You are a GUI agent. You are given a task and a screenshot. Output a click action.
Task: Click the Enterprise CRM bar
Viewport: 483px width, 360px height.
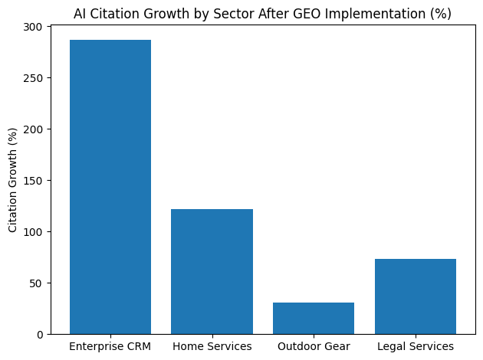click(x=110, y=187)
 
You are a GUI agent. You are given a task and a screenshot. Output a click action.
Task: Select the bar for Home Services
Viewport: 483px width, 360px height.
click(x=212, y=271)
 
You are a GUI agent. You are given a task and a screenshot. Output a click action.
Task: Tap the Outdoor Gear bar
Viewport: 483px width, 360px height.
click(x=314, y=318)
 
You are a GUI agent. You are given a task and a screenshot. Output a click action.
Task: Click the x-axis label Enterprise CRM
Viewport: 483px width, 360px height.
click(x=110, y=347)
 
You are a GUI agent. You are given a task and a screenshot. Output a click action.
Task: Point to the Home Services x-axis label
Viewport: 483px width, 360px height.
click(x=212, y=347)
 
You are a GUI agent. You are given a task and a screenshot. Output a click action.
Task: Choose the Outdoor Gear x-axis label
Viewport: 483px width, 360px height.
click(x=314, y=347)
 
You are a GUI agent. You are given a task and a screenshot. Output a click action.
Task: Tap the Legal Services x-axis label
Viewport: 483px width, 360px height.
click(x=416, y=347)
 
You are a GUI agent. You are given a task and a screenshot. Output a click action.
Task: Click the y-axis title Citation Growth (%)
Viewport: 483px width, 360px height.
click(x=13, y=181)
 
